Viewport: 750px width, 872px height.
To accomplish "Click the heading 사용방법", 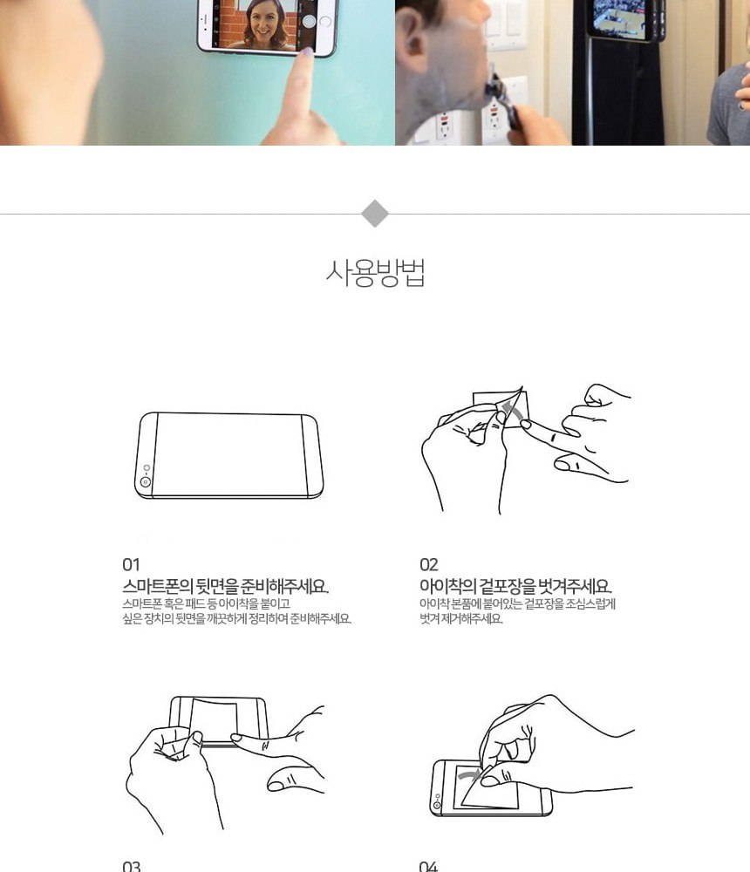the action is click(x=376, y=272).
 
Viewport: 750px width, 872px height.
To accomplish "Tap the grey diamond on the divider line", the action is click(x=375, y=214).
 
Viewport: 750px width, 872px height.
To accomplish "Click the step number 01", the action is click(x=132, y=565).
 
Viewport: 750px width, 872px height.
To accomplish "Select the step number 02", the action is click(x=429, y=565).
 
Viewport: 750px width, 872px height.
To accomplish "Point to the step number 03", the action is click(x=132, y=867).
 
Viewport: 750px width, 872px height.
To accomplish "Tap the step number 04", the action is click(x=428, y=867).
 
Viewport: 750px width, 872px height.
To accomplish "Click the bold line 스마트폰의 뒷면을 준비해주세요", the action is click(x=225, y=586).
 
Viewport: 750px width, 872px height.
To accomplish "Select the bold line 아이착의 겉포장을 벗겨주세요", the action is click(x=515, y=586).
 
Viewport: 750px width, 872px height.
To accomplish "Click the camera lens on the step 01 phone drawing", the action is click(x=146, y=481).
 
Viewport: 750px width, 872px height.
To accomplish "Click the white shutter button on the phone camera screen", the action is click(x=309, y=21).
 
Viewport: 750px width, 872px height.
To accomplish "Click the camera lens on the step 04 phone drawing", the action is click(x=437, y=805).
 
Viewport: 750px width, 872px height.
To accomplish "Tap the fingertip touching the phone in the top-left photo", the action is click(x=305, y=53).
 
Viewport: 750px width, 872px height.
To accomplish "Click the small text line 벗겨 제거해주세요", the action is click(x=461, y=618).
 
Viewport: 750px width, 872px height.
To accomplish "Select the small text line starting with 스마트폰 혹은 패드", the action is click(x=206, y=603).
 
